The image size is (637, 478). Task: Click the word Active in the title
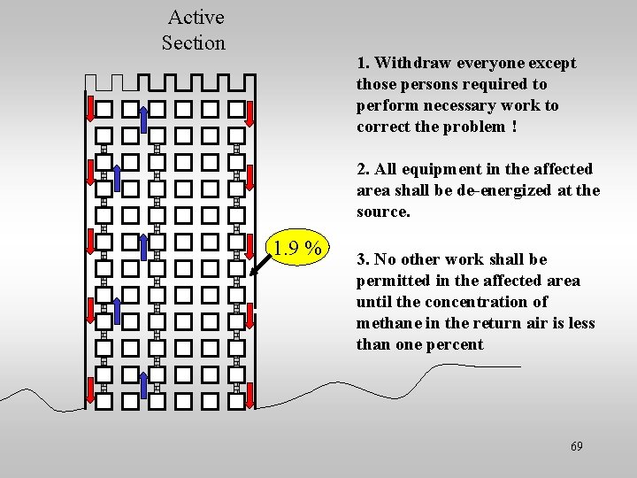[196, 17]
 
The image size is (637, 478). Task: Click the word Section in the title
[193, 42]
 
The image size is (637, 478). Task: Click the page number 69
[576, 446]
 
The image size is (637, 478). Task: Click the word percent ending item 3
[456, 344]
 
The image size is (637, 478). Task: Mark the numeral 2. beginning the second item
[364, 169]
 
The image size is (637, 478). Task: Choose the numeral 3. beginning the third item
[364, 259]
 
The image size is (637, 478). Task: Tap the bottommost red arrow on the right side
[250, 394]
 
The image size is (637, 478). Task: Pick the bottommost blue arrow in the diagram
[144, 385]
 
